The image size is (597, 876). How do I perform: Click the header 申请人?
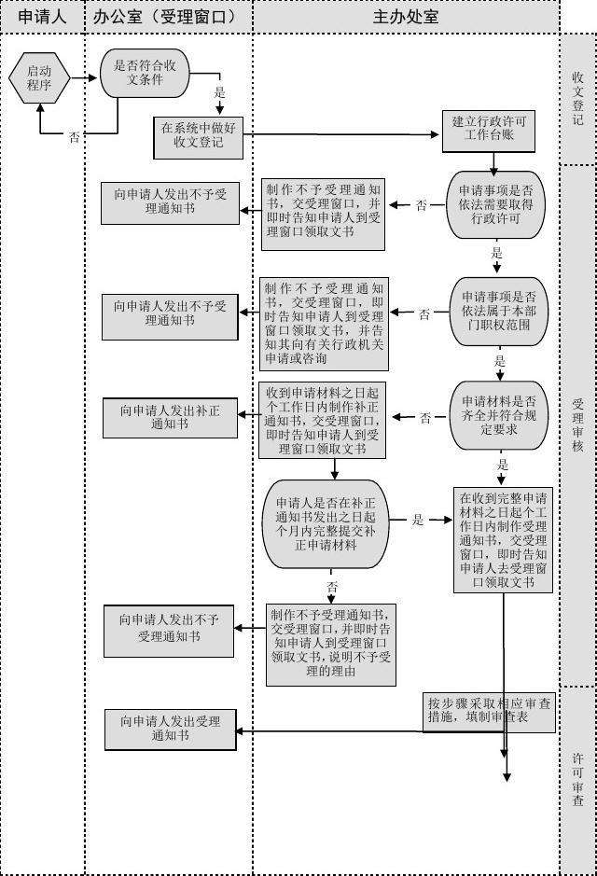[43, 17]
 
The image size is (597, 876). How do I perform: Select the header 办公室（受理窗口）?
[169, 17]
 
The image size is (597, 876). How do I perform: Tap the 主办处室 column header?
[406, 17]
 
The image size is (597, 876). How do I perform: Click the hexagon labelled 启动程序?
[39, 77]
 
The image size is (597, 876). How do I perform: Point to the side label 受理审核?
[578, 425]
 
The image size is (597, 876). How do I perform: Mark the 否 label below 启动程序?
[74, 137]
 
